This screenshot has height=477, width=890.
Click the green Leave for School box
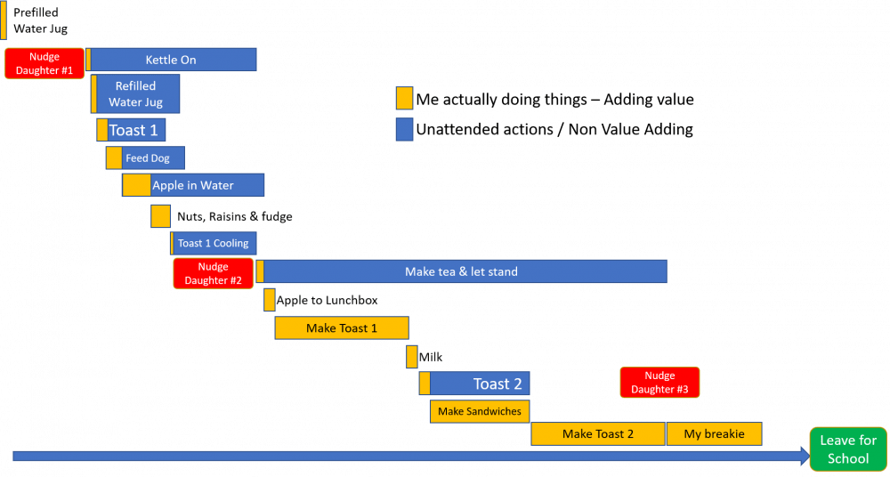[x=847, y=449]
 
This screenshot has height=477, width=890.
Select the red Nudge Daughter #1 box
[x=44, y=63]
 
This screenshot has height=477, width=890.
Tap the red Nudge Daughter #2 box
[x=214, y=273]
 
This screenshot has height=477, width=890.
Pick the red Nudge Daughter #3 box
[x=659, y=383]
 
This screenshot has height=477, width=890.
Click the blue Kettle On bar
[x=173, y=60]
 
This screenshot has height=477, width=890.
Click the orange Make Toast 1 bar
[x=342, y=327]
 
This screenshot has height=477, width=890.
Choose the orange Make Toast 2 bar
[x=598, y=433]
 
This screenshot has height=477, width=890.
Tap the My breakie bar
[x=714, y=433]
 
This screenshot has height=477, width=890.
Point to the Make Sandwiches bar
[x=480, y=411]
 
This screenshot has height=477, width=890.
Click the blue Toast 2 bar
[x=481, y=384]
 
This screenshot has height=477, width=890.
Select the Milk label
[x=436, y=357]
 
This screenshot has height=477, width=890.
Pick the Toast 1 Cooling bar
[x=214, y=243]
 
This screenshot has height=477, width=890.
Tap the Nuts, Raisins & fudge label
[x=235, y=216]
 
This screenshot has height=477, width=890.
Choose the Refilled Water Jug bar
[x=137, y=93]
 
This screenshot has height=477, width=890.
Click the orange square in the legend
[x=404, y=98]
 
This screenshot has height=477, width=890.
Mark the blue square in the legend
[x=404, y=129]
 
